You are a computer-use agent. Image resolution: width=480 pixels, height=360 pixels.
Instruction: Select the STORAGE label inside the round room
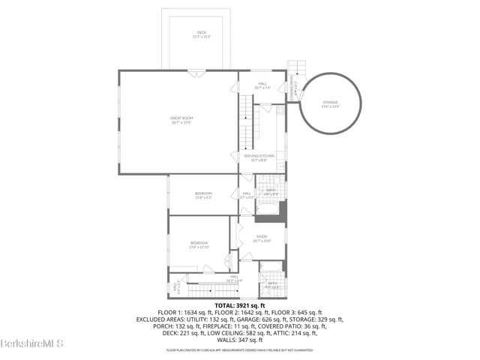click(x=330, y=103)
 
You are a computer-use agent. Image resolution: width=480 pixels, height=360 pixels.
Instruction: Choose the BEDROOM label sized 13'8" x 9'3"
click(x=203, y=196)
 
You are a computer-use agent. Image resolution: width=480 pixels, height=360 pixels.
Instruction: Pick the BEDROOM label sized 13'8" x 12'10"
click(x=198, y=244)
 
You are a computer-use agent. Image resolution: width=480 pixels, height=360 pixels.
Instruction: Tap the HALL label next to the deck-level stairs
click(x=262, y=85)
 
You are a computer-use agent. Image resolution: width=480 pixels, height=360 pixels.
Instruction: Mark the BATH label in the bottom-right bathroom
click(x=271, y=284)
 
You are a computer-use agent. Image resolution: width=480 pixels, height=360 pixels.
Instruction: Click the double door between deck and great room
click(x=195, y=72)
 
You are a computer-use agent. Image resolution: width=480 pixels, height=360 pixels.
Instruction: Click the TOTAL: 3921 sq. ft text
click(x=239, y=306)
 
